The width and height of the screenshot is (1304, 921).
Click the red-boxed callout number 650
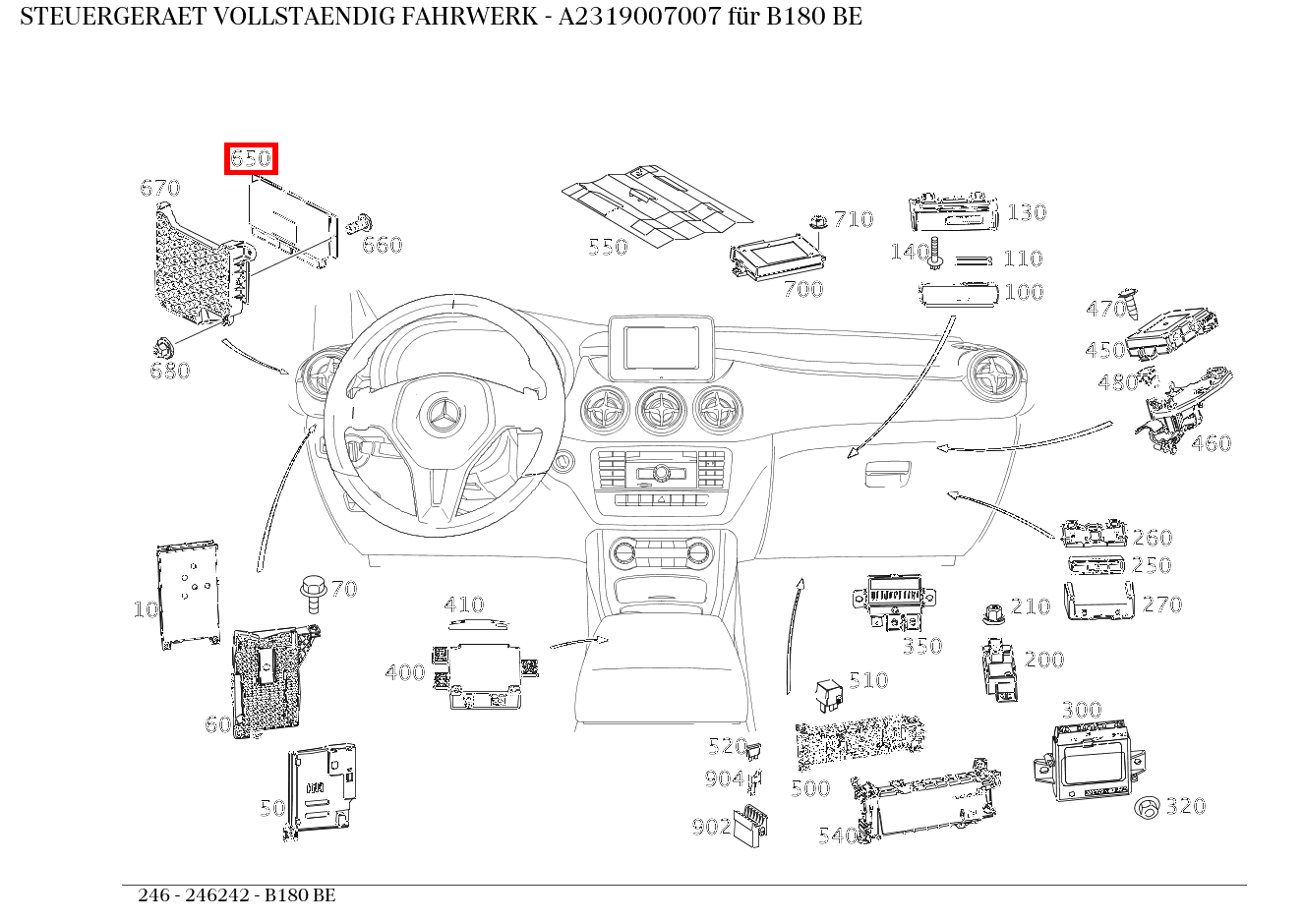tap(251, 158)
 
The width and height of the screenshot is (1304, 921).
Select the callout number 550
tap(607, 247)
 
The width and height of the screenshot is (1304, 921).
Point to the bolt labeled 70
tap(313, 594)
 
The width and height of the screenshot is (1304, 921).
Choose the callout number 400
tap(404, 673)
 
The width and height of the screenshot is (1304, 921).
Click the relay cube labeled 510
tap(829, 693)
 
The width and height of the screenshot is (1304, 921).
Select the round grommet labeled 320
tap(1147, 808)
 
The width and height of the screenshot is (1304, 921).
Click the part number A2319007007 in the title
tap(640, 17)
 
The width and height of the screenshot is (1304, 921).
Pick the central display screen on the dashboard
tap(661, 347)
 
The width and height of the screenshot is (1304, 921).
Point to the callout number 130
tap(1026, 212)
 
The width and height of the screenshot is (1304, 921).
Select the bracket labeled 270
tap(1099, 602)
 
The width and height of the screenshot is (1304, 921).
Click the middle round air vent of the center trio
tap(661, 410)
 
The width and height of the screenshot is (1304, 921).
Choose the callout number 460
tap(1211, 443)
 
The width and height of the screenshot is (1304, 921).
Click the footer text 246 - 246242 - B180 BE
tap(236, 895)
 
